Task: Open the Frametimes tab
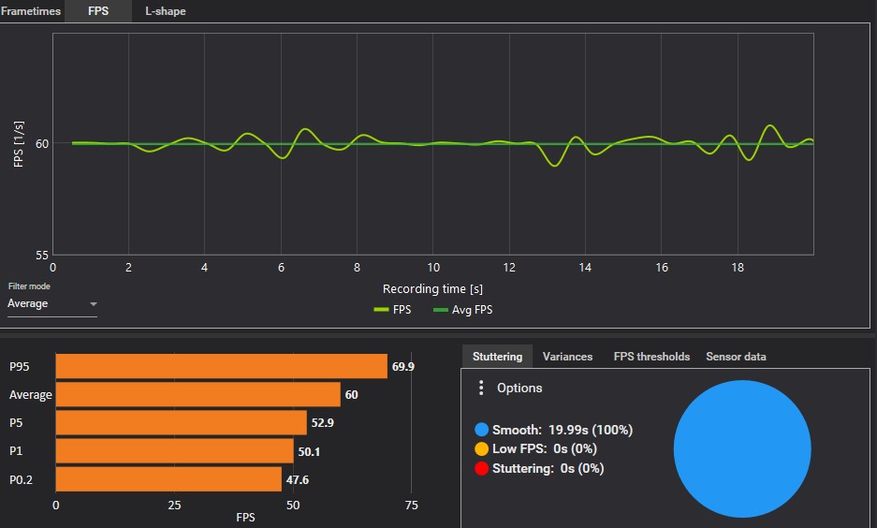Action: coord(30,11)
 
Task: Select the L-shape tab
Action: coord(165,11)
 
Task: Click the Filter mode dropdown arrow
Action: coord(94,304)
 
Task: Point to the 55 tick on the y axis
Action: coord(42,255)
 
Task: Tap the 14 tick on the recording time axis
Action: coord(585,268)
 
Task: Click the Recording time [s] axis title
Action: coord(432,289)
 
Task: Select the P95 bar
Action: coord(221,366)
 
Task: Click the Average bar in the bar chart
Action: coord(197,394)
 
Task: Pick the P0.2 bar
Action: coord(168,479)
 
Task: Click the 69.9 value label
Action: coord(403,366)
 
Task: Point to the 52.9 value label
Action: coord(323,423)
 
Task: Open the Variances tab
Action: coord(567,357)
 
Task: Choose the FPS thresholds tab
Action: coord(651,357)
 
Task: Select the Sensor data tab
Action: coord(736,357)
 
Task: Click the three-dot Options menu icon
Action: coord(481,388)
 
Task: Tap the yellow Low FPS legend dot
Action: coord(481,449)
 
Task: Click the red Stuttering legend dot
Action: coord(481,468)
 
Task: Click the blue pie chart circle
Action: coord(741,448)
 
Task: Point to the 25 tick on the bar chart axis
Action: coord(174,505)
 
